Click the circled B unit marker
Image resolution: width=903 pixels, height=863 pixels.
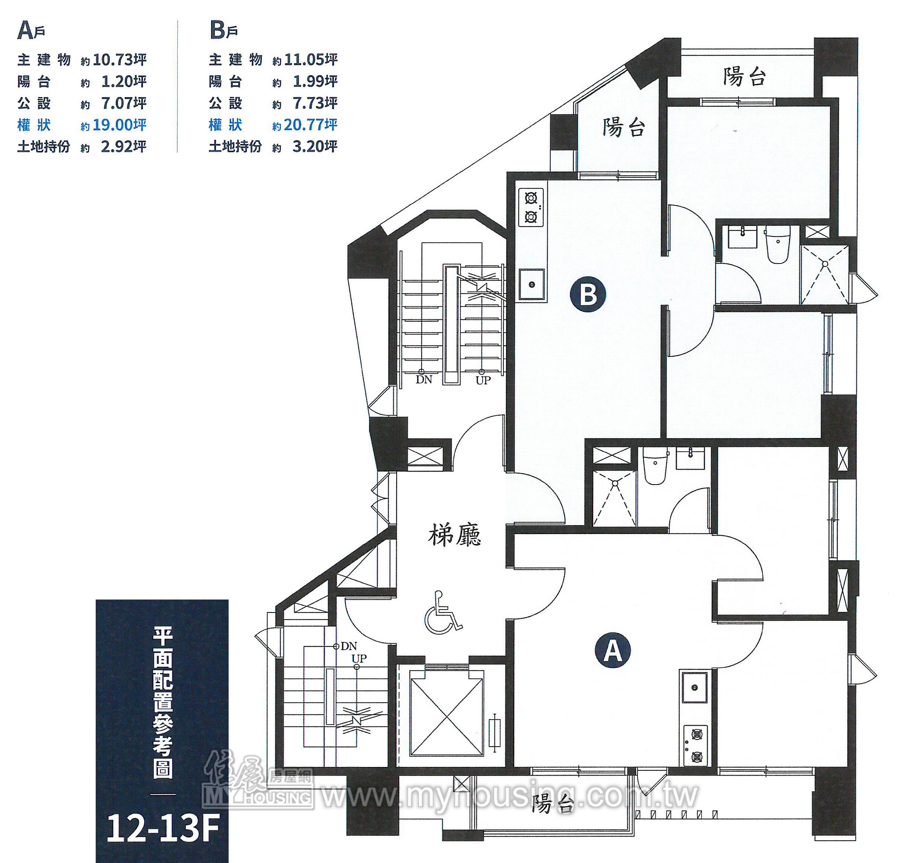[x=588, y=294]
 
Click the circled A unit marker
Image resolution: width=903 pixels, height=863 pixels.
[x=612, y=649]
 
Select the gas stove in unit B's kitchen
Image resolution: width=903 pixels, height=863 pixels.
[x=531, y=207]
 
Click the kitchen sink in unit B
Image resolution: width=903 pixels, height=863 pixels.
[x=532, y=284]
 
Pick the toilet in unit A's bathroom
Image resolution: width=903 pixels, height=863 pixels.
[x=654, y=466]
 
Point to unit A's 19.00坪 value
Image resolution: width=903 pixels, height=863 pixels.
[x=119, y=125]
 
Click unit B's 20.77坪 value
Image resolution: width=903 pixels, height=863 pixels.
[x=311, y=125]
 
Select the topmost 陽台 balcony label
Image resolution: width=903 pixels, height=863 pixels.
[x=744, y=76]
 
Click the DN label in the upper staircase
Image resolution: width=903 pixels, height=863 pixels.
[x=424, y=380]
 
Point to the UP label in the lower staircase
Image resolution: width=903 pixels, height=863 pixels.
[x=359, y=658]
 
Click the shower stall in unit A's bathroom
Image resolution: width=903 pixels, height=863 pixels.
[x=615, y=498]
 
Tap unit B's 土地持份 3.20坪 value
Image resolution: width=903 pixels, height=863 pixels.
[x=315, y=146]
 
